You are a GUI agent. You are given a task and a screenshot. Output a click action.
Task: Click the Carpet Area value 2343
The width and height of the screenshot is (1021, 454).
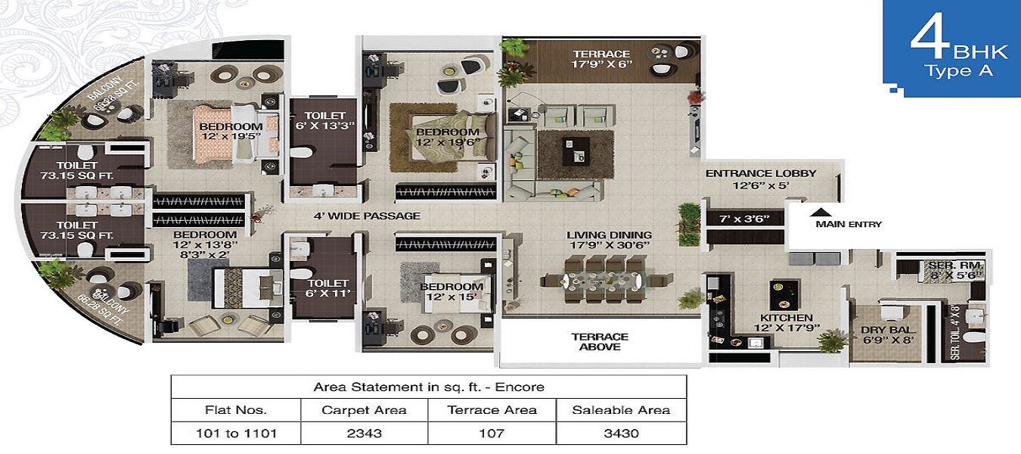(364, 434)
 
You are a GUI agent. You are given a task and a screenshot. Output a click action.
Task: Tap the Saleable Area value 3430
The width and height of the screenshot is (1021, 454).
(620, 434)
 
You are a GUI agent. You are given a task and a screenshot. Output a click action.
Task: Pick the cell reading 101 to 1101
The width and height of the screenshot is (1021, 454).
(235, 434)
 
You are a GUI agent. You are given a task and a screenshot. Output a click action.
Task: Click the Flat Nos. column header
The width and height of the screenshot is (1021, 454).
(235, 410)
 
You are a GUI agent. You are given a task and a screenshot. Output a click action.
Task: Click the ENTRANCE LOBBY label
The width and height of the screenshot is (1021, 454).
(760, 173)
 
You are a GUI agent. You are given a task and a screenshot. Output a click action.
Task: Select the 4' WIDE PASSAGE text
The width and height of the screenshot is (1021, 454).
(367, 216)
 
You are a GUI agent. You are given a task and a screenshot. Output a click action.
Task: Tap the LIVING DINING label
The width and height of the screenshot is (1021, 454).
(609, 235)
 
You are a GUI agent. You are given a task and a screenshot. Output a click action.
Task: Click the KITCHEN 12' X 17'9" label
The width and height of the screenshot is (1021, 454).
(787, 323)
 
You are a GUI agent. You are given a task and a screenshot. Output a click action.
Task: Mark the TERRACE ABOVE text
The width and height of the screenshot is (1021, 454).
(600, 342)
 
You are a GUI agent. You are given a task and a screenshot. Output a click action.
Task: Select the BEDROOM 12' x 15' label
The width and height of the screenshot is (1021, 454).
(451, 292)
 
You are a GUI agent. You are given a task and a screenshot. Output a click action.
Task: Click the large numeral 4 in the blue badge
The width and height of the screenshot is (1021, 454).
(929, 44)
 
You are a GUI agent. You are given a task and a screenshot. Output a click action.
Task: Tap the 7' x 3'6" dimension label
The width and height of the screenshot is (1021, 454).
(743, 219)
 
